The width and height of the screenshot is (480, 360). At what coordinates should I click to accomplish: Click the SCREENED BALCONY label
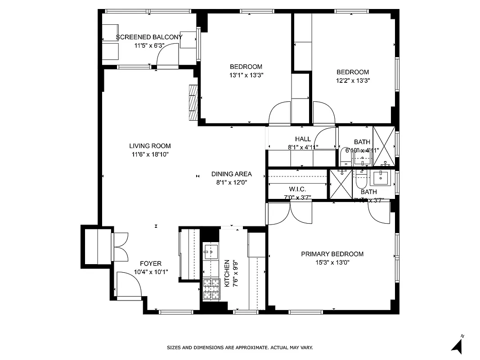pos(149,37)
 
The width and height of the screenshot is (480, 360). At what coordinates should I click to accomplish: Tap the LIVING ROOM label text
pos(150,146)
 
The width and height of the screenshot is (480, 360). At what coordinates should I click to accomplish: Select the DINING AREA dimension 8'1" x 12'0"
pos(231,182)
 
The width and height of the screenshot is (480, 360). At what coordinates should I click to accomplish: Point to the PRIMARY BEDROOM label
pos(332,254)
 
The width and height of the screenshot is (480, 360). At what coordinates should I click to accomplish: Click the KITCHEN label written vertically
pos(227,273)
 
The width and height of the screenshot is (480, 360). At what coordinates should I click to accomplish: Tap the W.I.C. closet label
pos(297,189)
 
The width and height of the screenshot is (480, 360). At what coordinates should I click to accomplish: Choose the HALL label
pos(303,139)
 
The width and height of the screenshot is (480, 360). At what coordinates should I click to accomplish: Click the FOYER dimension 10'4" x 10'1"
pos(151,272)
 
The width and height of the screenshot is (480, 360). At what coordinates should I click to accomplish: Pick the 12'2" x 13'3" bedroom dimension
pos(353,81)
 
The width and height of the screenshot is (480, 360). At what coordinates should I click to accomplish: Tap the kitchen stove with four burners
pos(210,289)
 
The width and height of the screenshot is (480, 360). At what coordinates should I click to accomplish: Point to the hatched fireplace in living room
pos(193,102)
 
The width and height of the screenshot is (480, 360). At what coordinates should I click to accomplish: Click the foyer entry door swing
pos(128,285)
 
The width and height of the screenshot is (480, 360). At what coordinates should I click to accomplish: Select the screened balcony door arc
pos(167,56)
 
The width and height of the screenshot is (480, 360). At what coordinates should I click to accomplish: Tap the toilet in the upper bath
pos(345,156)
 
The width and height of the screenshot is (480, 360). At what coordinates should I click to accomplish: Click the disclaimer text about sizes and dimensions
pos(240,347)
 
